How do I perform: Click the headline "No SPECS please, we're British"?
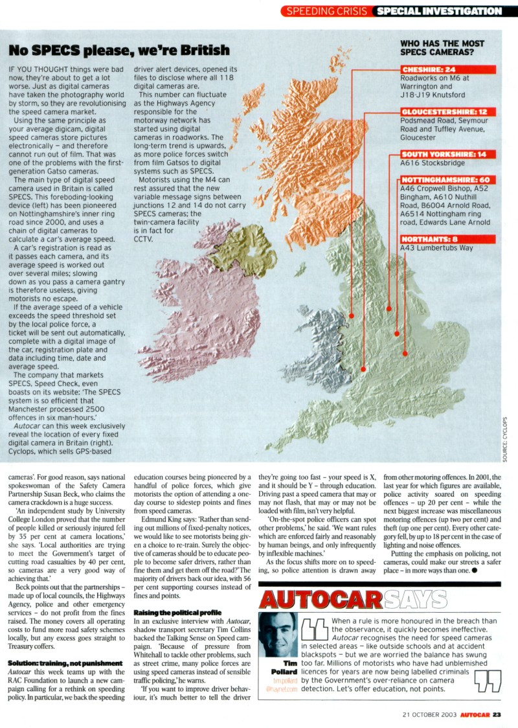(x=118, y=50)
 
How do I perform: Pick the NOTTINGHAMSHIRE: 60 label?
(x=447, y=179)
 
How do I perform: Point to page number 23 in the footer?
(x=496, y=714)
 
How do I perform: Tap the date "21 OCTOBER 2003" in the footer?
(x=423, y=714)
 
